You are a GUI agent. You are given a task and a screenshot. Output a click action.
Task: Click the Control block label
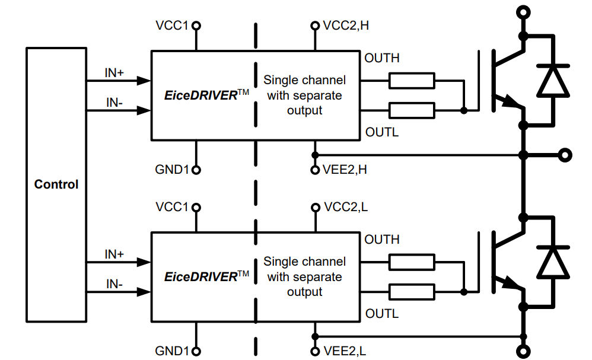pos(56,184)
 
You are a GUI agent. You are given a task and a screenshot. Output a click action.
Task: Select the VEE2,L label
pos(345,351)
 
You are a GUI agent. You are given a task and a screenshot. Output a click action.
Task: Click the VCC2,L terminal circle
pos(315,208)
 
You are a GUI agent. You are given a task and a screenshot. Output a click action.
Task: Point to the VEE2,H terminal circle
pos(315,170)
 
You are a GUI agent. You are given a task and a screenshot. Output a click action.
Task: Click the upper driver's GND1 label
pos(171,170)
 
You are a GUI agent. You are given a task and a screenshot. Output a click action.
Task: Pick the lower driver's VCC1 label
pos(171,207)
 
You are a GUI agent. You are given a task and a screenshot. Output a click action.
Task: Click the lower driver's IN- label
pos(114,283)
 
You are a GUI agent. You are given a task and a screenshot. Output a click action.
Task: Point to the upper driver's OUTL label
pos(381,132)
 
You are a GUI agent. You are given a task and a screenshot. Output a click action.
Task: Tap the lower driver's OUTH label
pos(381,240)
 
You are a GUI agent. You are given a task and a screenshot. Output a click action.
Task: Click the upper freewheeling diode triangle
pos(552,81)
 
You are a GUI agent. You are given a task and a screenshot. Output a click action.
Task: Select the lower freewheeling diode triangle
pos(552,262)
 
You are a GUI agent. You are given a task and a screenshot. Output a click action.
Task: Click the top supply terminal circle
pos(523,11)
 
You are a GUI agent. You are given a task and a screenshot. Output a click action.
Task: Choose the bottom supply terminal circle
pos(523,349)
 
